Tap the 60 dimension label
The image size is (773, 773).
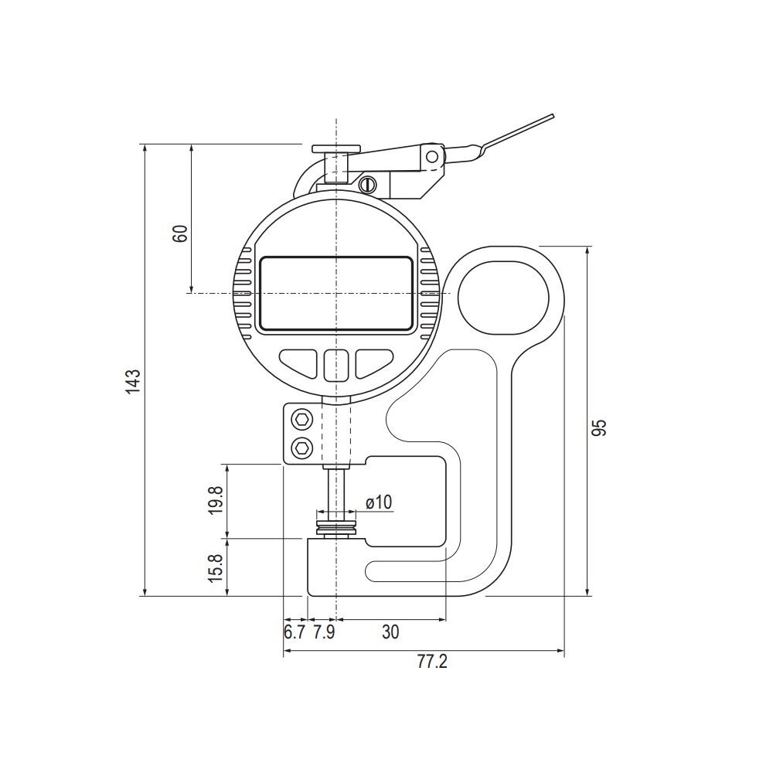pyautogui.click(x=180, y=233)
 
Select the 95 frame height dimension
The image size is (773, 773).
pyautogui.click(x=599, y=427)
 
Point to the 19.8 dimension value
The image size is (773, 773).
pyautogui.click(x=216, y=500)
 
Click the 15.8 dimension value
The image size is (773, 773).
pyautogui.click(x=216, y=567)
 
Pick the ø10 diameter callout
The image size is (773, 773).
pyautogui.click(x=379, y=502)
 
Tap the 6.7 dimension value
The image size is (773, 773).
pyautogui.click(x=295, y=632)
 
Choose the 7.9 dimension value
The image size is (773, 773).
pyautogui.click(x=324, y=632)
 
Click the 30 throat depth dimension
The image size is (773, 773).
pyautogui.click(x=390, y=632)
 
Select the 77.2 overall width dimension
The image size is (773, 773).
pyautogui.click(x=432, y=662)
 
